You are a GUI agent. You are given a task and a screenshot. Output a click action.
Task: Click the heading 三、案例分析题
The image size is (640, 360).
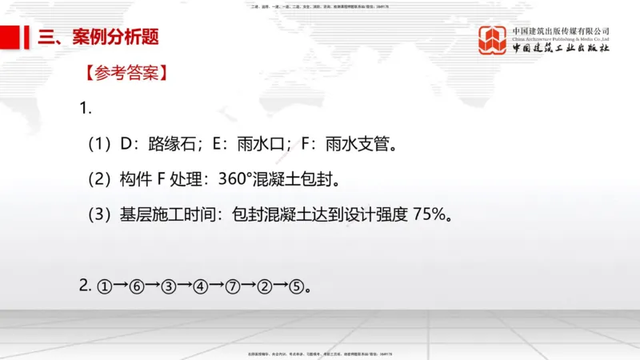coord(98,37)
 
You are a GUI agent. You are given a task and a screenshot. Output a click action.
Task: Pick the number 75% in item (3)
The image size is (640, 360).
coord(434,214)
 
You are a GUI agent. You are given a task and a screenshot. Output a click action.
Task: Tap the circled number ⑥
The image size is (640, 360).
coord(137,286)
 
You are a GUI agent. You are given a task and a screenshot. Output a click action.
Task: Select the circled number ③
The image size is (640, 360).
coord(169,286)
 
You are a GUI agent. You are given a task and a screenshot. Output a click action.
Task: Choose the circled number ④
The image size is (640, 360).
coord(201,286)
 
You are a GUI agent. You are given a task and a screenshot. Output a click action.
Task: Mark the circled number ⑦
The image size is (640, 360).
coord(233,286)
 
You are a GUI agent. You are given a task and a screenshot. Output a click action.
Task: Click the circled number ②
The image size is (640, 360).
coord(265,286)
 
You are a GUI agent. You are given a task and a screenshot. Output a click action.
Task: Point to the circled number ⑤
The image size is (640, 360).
coord(296,286)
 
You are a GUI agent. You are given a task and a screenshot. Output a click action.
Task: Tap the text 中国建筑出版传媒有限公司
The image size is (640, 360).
coord(561,31)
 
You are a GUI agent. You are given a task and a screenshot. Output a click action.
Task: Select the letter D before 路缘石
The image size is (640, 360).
coord(125,145)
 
